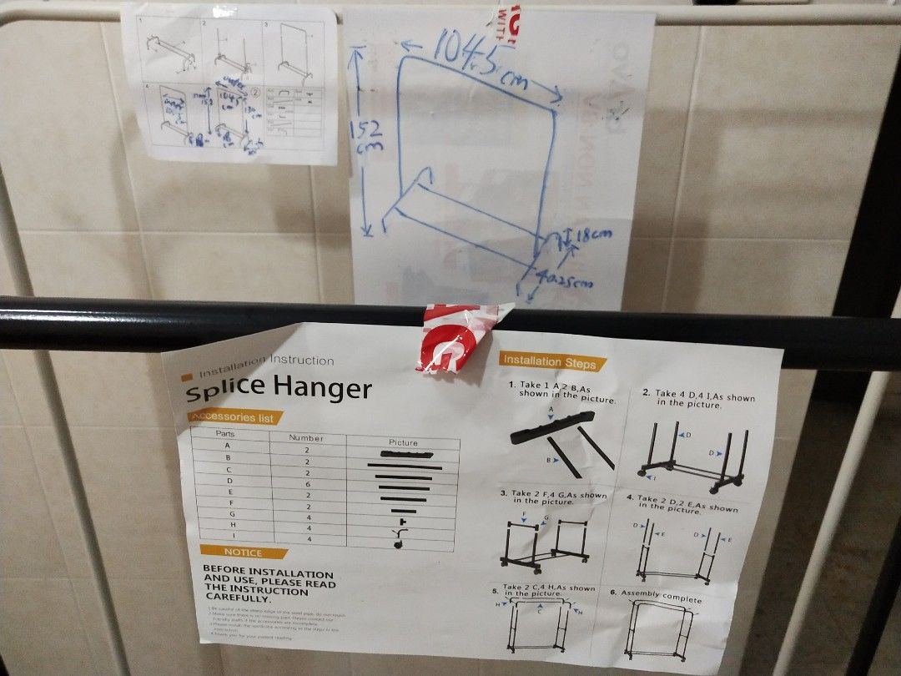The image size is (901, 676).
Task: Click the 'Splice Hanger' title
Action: [278, 388]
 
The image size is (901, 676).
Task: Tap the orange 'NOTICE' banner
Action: [243, 552]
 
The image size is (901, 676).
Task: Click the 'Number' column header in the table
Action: [306, 438]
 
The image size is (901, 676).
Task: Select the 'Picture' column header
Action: [403, 442]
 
